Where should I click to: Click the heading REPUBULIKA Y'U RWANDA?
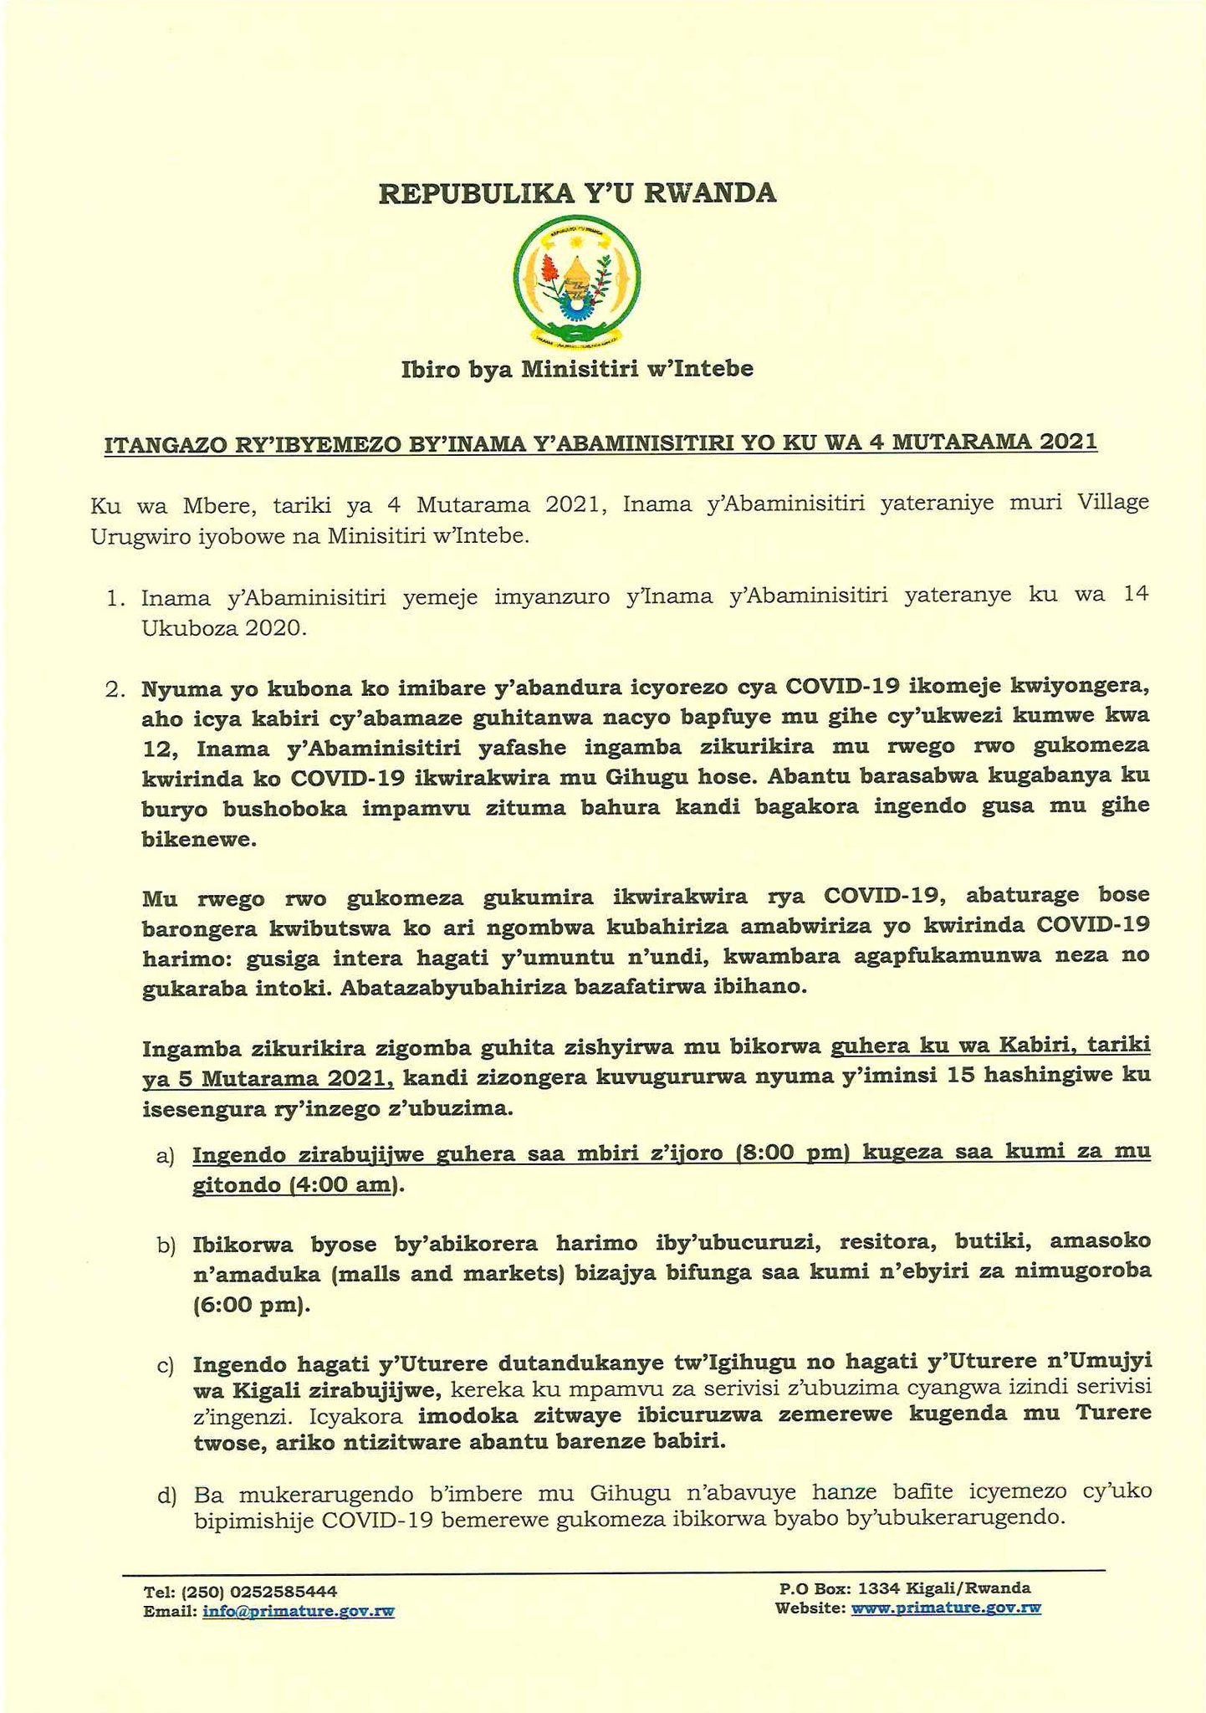(x=578, y=193)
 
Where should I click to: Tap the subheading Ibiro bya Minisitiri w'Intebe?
(x=577, y=369)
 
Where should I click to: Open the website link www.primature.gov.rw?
(x=945, y=1607)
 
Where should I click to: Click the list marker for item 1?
(x=116, y=598)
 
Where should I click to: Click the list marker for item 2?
(x=116, y=692)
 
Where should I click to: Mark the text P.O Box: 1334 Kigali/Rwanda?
(x=904, y=1588)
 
